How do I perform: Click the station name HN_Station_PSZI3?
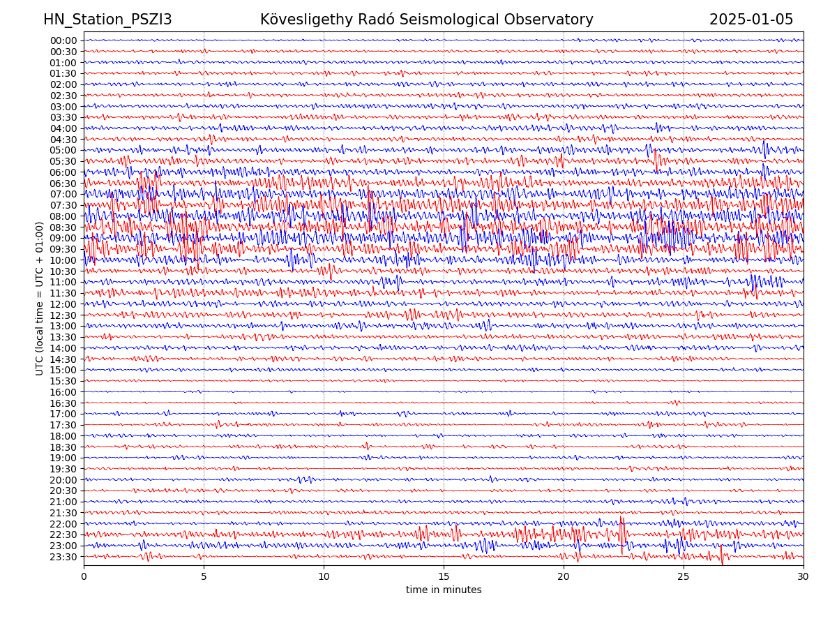tap(107, 20)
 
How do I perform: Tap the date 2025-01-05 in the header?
tap(751, 20)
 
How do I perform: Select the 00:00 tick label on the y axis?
tap(63, 40)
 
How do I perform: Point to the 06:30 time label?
tap(63, 184)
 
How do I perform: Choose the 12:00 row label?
tap(63, 304)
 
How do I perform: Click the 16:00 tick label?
tap(63, 392)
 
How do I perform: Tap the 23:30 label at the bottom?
tap(63, 557)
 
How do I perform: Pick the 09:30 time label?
tap(63, 249)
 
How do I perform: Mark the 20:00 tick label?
tap(63, 480)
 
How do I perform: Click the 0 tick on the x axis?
tap(84, 577)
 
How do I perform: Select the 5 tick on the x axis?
tap(204, 577)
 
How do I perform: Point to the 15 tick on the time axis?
tap(444, 577)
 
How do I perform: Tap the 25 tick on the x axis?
tap(684, 577)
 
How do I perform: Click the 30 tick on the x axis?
tap(804, 577)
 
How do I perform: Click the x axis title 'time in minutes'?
tap(444, 590)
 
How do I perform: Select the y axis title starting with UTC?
tap(40, 299)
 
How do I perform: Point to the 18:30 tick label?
tap(63, 447)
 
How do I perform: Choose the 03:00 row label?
tap(63, 107)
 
